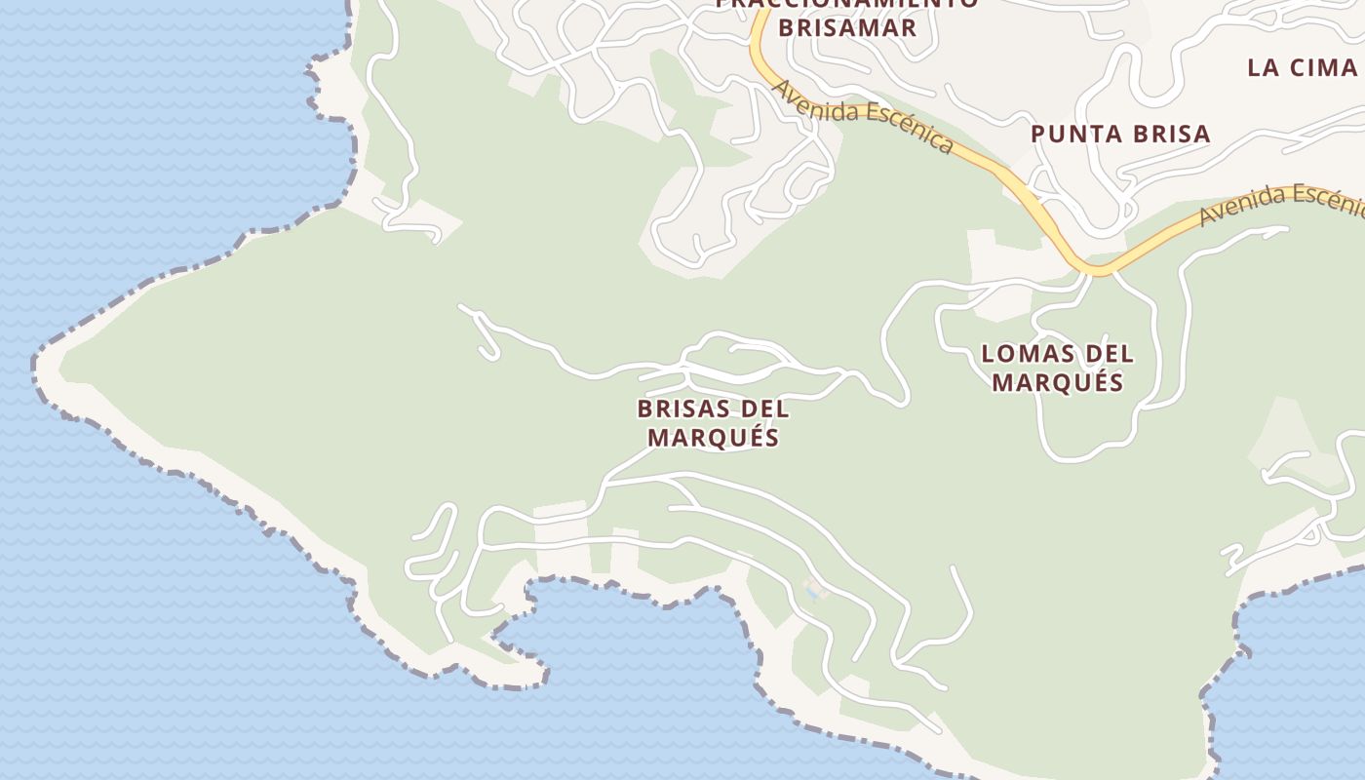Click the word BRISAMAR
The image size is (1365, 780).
848,27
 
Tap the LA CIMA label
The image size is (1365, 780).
1302,67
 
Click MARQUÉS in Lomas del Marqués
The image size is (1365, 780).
1058,382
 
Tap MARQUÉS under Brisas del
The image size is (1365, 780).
714,438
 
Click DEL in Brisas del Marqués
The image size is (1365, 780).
765,409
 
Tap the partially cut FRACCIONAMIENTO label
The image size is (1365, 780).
846,4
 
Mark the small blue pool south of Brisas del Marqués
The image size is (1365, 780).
811,591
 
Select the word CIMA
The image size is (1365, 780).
1325,67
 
